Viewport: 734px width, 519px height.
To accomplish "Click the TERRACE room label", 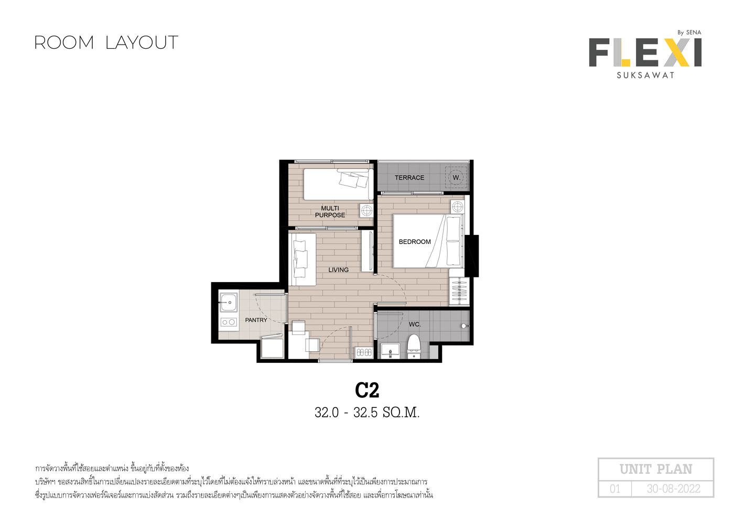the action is [409, 178].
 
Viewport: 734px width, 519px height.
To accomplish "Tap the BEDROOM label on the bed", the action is [415, 242].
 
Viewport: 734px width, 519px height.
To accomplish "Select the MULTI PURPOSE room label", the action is [330, 212].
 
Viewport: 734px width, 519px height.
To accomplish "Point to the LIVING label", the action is [339, 269].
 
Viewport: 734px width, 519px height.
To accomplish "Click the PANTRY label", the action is [256, 320].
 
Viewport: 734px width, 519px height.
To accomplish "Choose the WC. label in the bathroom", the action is [415, 325].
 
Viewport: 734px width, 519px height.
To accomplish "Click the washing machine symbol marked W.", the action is [456, 178].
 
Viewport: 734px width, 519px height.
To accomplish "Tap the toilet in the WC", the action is [414, 346].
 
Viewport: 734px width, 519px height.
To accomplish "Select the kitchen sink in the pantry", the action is [228, 302].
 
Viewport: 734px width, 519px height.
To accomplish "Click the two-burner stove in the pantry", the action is [229, 322].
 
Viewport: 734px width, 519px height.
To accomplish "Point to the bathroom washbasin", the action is [390, 351].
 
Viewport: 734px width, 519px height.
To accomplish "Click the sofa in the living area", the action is [302, 259].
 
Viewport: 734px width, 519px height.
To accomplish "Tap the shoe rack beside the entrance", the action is [364, 352].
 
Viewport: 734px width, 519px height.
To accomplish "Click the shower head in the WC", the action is [465, 326].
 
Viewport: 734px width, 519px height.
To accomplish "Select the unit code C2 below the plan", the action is [367, 390].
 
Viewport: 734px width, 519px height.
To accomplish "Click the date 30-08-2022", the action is [673, 489].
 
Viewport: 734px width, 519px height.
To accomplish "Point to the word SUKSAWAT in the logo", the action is [645, 75].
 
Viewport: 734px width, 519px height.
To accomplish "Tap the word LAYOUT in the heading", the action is [142, 43].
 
